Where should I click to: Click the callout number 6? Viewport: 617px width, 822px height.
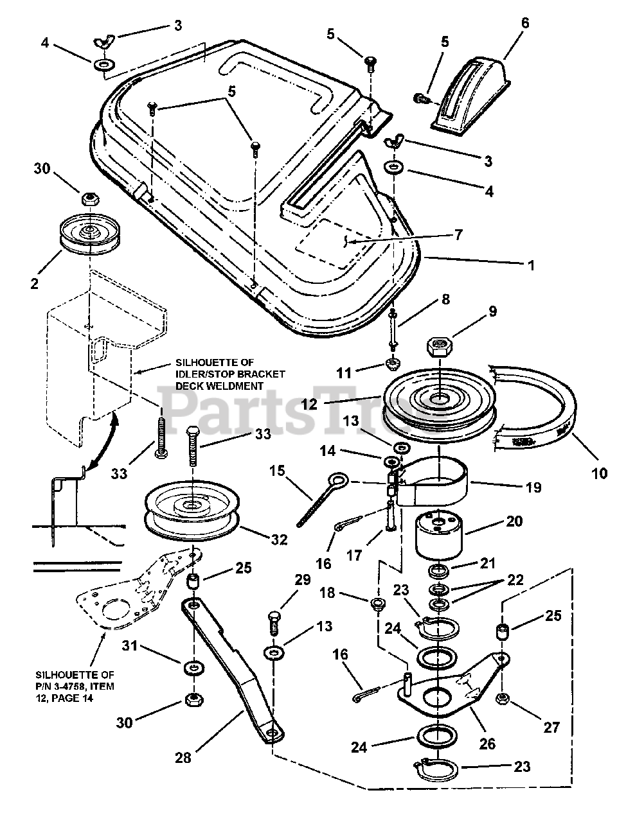pos(525,23)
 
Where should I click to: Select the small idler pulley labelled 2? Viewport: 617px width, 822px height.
pos(89,233)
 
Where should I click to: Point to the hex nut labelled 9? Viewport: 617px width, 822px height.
pos(439,344)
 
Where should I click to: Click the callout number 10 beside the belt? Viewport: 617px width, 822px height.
pos(598,473)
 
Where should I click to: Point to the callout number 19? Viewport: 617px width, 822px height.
pos(533,487)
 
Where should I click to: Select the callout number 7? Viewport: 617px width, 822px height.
pos(458,235)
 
